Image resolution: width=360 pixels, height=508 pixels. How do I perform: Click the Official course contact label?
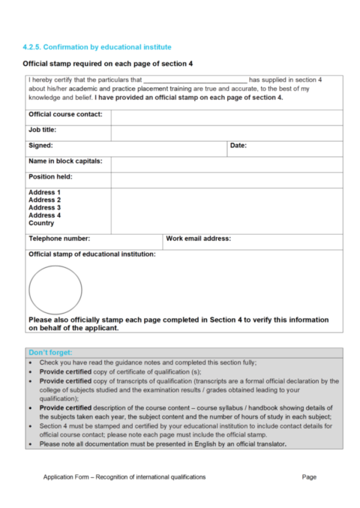(x=67, y=114)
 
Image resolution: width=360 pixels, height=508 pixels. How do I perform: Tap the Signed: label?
(x=40, y=146)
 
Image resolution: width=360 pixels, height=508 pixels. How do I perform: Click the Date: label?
(x=238, y=146)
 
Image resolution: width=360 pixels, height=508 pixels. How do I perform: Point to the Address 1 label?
(x=44, y=193)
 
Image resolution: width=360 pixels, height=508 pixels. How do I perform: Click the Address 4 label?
(x=44, y=215)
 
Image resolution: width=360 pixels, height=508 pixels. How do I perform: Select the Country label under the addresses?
(x=41, y=223)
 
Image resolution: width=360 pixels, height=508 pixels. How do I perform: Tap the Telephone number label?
(x=59, y=239)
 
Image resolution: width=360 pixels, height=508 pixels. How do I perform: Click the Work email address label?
(x=198, y=239)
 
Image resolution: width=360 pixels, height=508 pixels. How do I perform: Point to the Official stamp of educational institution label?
(x=91, y=254)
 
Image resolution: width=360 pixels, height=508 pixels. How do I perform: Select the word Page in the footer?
(x=310, y=476)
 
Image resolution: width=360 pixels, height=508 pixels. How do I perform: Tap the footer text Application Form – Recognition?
(x=124, y=476)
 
